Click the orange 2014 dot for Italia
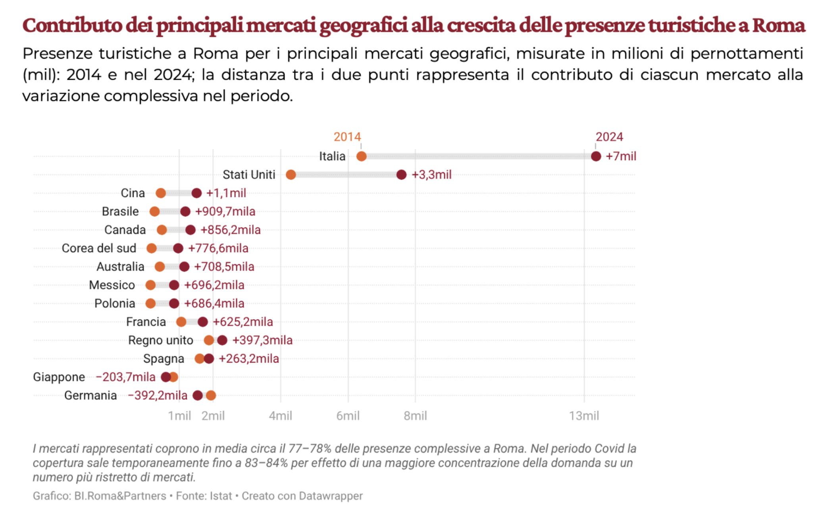tap(361, 156)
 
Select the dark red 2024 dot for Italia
tap(596, 156)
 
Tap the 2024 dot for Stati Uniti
tap(401, 174)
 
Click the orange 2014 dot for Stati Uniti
tap(291, 174)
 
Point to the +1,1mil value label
tap(226, 193)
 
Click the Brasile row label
tap(120, 211)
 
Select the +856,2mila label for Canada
tap(231, 230)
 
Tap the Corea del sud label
tap(99, 248)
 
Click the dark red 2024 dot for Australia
tap(184, 266)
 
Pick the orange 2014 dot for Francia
tap(181, 322)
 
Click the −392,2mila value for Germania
tap(158, 395)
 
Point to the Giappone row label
tap(59, 377)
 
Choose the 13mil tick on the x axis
tap(584, 416)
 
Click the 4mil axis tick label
tap(280, 416)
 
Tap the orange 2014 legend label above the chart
tap(347, 137)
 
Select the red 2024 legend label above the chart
tap(609, 137)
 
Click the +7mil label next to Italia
tap(621, 156)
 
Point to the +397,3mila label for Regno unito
tap(262, 340)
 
